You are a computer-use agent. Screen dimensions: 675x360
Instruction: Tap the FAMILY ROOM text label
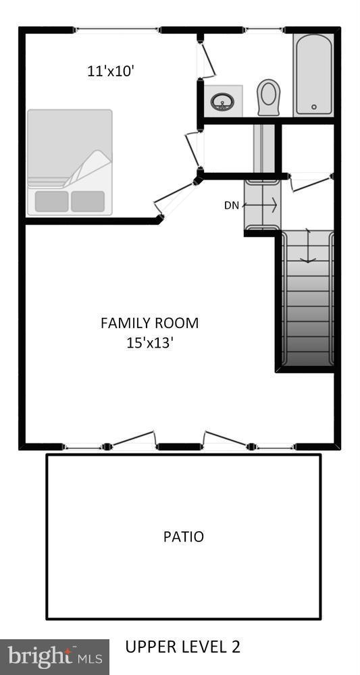pyautogui.click(x=149, y=323)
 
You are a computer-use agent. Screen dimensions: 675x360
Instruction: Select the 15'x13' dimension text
pyautogui.click(x=149, y=343)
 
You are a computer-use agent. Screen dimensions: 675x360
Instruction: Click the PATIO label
pyautogui.click(x=183, y=537)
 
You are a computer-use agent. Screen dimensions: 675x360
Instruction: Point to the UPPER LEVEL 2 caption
pyautogui.click(x=182, y=647)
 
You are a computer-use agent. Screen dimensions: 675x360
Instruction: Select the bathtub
pyautogui.click(x=313, y=74)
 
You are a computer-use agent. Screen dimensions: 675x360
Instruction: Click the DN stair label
pyautogui.click(x=232, y=205)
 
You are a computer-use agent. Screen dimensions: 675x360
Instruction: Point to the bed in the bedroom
pyautogui.click(x=69, y=162)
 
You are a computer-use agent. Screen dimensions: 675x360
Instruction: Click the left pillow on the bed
pyautogui.click(x=51, y=201)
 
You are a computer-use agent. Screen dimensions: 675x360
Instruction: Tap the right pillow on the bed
pyautogui.click(x=88, y=201)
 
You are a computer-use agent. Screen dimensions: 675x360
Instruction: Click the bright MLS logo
pyautogui.click(x=54, y=656)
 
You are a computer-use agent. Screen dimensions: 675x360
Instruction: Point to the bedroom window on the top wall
pyautogui.click(x=116, y=30)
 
